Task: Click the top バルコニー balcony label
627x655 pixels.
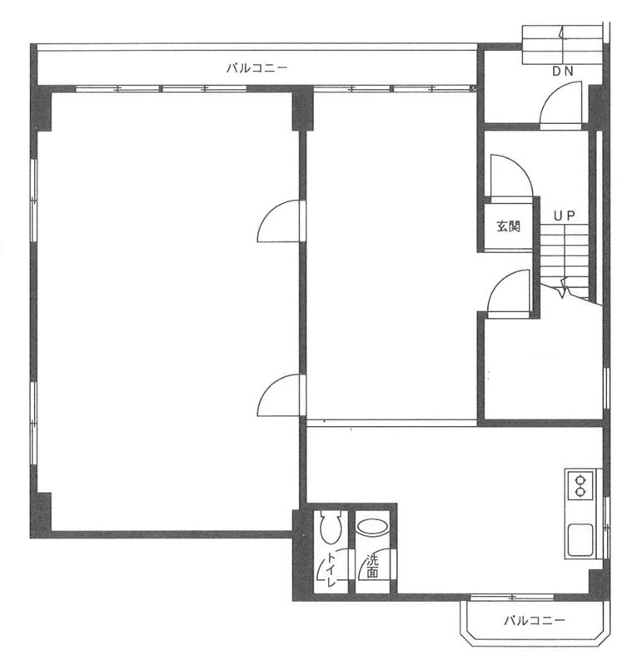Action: click(256, 67)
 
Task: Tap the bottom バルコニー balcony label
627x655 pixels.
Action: click(534, 620)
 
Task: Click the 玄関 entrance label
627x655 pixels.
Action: click(508, 227)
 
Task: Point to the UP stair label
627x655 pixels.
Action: click(565, 216)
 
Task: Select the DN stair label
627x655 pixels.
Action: click(563, 72)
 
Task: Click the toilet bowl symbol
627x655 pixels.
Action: click(331, 527)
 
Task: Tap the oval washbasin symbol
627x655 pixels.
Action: click(373, 527)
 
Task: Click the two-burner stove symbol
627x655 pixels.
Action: click(580, 485)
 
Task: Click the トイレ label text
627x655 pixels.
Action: click(331, 569)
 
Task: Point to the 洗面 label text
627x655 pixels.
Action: click(371, 566)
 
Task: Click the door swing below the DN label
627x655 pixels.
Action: click(560, 104)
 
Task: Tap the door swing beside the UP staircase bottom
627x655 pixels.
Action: click(509, 291)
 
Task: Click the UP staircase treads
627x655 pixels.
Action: click(565, 259)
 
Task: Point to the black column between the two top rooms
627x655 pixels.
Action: click(302, 107)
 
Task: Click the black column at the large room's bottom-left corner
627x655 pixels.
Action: click(41, 515)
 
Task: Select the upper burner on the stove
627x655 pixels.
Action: click(580, 479)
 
